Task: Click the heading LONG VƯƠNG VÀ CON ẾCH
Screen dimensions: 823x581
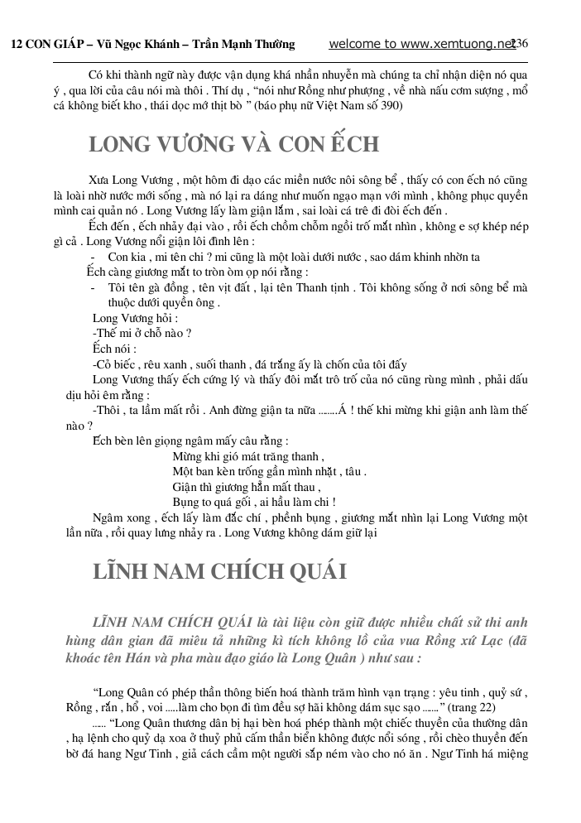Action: (x=234, y=144)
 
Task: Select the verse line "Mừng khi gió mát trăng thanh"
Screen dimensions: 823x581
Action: (x=247, y=455)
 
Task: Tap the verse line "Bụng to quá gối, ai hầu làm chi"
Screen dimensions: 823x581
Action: (x=253, y=502)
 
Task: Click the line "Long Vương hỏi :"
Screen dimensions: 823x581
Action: (x=135, y=318)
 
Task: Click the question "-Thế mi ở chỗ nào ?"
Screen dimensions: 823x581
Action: (x=142, y=333)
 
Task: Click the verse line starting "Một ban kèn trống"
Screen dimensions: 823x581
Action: (x=269, y=471)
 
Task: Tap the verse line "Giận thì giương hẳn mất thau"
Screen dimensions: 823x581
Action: (x=246, y=487)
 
